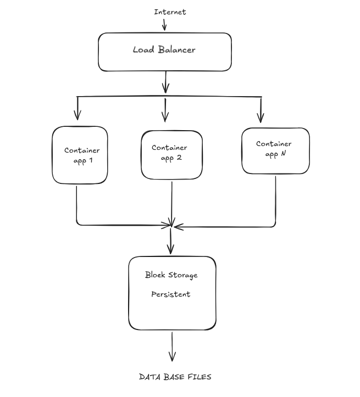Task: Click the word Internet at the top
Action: pyautogui.click(x=170, y=12)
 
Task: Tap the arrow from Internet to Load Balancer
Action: pyautogui.click(x=164, y=25)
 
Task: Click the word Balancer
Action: pyautogui.click(x=176, y=49)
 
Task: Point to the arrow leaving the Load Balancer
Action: pyautogui.click(x=165, y=82)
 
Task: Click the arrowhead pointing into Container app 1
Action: pyautogui.click(x=77, y=115)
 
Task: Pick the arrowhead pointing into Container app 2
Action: pyautogui.click(x=165, y=117)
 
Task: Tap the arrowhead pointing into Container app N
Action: pyautogui.click(x=261, y=118)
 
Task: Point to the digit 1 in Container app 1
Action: pyautogui.click(x=91, y=160)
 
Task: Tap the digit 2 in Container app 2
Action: pyautogui.click(x=179, y=158)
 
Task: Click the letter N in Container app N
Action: pyautogui.click(x=283, y=153)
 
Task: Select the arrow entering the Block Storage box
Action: pyautogui.click(x=170, y=241)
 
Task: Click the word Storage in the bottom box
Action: pyautogui.click(x=182, y=275)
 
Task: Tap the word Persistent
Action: pyautogui.click(x=171, y=294)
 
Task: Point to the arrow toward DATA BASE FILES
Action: pyautogui.click(x=172, y=346)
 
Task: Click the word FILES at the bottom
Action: pyautogui.click(x=200, y=377)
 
